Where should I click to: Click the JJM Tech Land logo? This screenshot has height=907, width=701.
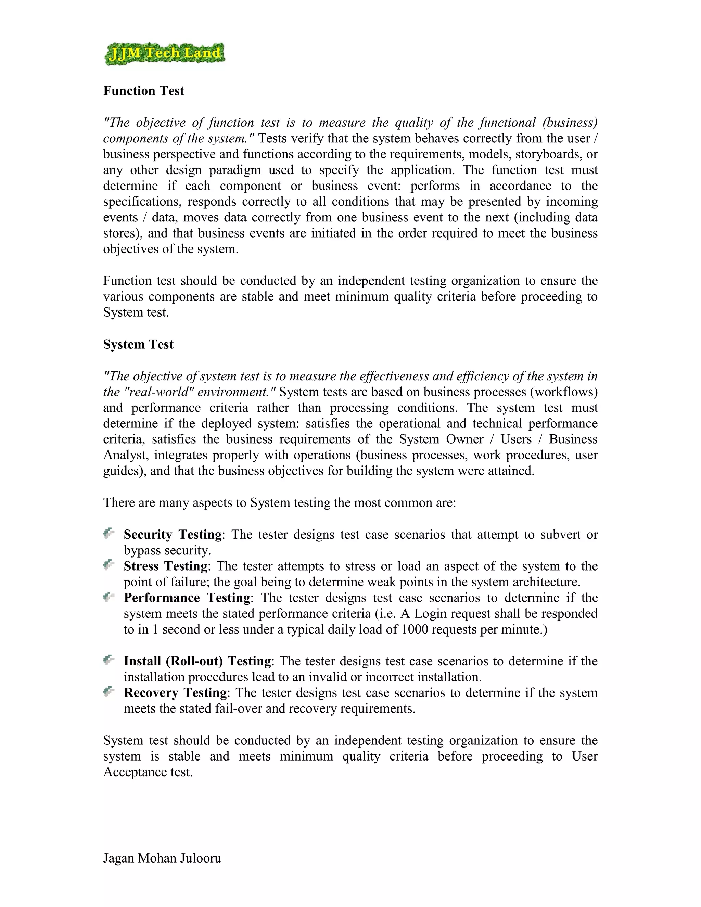click(x=164, y=54)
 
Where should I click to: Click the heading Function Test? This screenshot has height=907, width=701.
click(x=143, y=91)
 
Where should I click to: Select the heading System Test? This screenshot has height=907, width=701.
click(x=138, y=344)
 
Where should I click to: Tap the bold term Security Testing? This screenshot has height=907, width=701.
click(x=173, y=535)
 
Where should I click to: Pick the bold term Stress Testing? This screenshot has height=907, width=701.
click(x=166, y=566)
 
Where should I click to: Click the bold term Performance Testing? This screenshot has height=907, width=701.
click(x=187, y=598)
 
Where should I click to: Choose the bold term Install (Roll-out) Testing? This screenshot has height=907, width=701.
click(x=197, y=661)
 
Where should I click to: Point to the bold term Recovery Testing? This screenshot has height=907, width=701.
click(x=176, y=692)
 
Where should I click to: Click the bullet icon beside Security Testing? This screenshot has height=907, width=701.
click(x=109, y=533)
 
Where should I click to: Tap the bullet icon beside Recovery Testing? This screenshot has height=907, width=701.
click(x=109, y=691)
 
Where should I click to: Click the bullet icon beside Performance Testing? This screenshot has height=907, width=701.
click(x=109, y=597)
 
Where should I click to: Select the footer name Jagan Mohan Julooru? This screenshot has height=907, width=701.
click(x=162, y=858)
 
